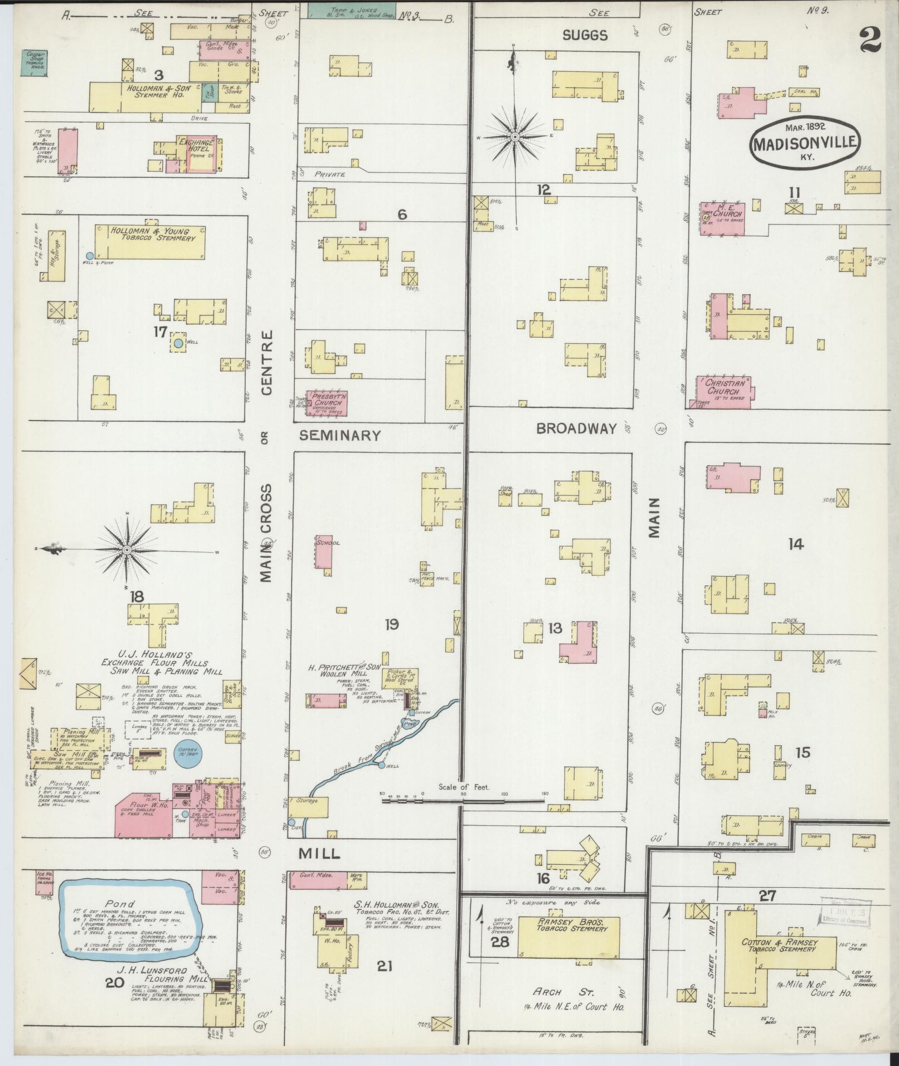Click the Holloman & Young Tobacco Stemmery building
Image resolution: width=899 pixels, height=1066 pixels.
coord(149,242)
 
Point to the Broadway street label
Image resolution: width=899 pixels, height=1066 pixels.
coord(576,428)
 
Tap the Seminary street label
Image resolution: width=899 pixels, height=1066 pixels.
coord(339,435)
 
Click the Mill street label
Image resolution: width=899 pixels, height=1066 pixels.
coord(319,853)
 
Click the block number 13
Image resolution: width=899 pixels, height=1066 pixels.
coord(555,629)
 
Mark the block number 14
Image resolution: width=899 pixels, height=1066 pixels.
coord(795,544)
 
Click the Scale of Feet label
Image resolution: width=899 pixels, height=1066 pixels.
coord(463,787)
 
